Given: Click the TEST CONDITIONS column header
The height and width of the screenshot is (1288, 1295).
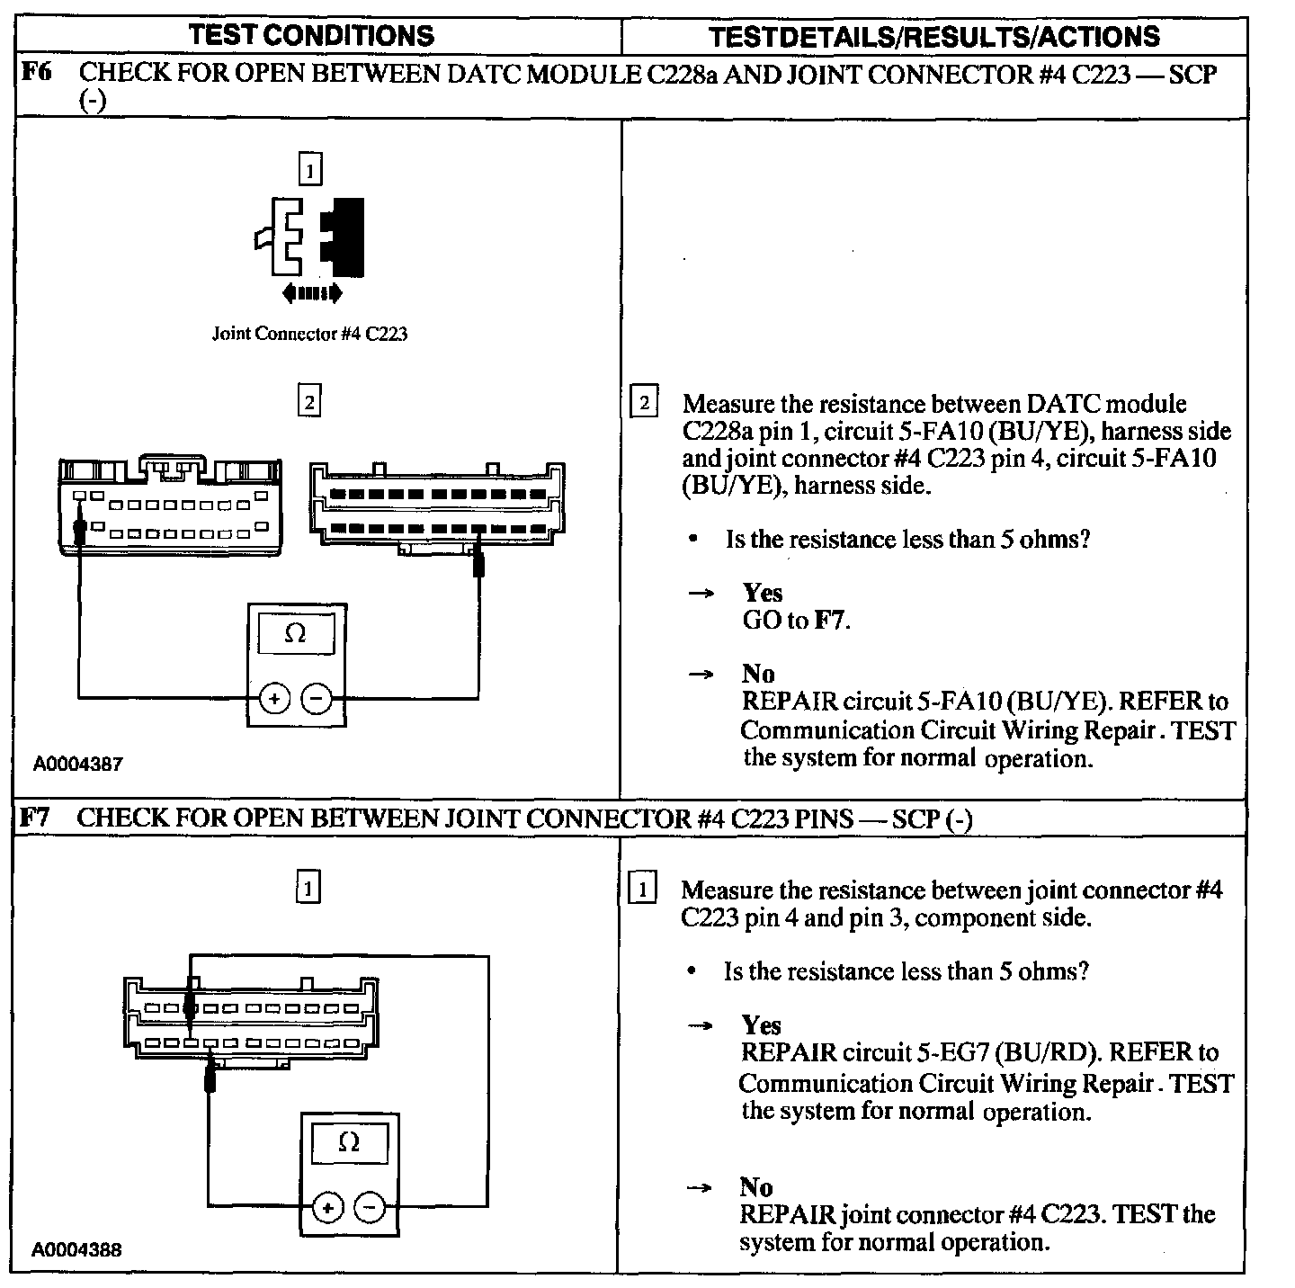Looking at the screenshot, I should (311, 35).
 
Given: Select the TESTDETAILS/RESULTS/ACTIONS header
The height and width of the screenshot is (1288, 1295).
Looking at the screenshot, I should (933, 36).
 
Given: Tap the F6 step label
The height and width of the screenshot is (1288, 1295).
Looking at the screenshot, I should (36, 73).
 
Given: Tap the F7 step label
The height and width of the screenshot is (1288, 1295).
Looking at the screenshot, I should (36, 818).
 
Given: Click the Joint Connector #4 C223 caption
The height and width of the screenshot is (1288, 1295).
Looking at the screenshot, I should (309, 334).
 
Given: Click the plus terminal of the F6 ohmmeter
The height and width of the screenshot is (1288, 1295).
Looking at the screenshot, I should (274, 698).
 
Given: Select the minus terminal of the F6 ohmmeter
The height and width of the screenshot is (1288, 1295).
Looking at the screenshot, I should (316, 698).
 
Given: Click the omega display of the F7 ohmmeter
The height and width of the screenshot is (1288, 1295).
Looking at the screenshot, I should (349, 1143).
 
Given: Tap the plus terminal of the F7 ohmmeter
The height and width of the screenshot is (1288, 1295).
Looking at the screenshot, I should (327, 1208).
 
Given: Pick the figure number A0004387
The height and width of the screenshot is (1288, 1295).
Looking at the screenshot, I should (78, 765).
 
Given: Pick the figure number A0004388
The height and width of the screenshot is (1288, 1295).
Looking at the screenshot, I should (77, 1249).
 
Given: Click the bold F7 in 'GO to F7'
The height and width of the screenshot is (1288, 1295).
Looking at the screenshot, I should (829, 621).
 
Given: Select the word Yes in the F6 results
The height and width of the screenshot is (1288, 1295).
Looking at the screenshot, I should (762, 593).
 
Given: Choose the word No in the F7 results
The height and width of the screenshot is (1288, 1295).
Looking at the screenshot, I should (756, 1187).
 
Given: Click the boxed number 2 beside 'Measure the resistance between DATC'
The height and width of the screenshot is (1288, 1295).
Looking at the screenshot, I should (645, 402).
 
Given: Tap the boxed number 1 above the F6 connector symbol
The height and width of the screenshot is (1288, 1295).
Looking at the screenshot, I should (309, 170).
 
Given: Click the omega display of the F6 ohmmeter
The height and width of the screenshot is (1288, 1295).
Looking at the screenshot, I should (295, 634).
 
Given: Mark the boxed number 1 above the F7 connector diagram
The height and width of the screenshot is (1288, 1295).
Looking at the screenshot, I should (308, 890).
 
